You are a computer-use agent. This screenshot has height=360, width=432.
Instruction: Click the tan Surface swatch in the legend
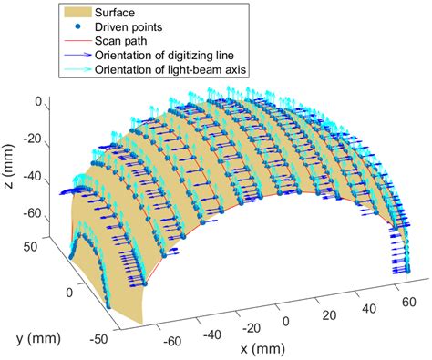tap(80, 14)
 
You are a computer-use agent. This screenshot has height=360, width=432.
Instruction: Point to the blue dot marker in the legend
tap(80, 27)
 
